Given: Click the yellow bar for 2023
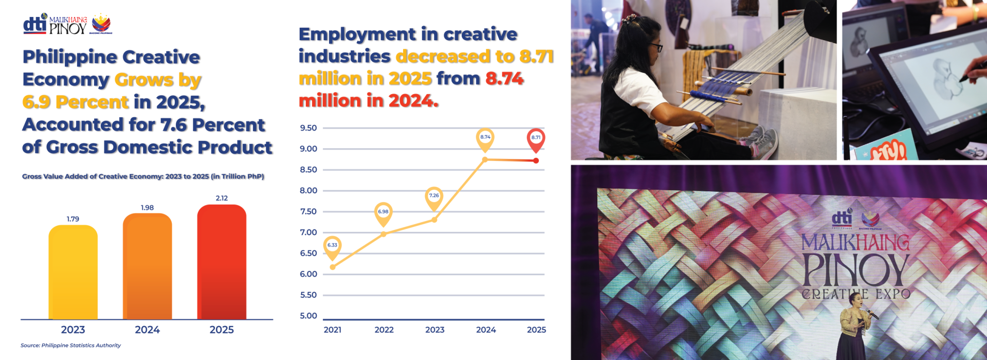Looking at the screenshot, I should coord(73,273).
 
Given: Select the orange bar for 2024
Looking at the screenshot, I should coord(147,267).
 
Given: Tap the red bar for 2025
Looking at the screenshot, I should coord(222,262).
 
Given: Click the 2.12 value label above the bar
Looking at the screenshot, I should coord(222,198).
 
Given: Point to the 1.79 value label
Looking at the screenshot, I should coord(73,219).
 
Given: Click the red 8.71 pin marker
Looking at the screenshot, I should coord(536,138).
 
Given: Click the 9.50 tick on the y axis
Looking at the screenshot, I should coord(308,128).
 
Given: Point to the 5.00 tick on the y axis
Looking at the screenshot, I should coord(308,316).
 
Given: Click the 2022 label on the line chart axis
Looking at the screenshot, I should coord(384,330).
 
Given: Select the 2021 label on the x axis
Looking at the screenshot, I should coord(333,330).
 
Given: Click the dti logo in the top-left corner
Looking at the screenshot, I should coord(35,24).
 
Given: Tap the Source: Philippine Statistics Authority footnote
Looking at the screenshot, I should coord(71,346).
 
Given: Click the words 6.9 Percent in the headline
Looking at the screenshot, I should coord(76,102).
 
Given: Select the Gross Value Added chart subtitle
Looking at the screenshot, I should coord(143,176).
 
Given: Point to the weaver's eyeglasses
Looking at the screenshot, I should coord(656,47).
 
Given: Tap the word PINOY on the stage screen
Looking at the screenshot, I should coord(855,271).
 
